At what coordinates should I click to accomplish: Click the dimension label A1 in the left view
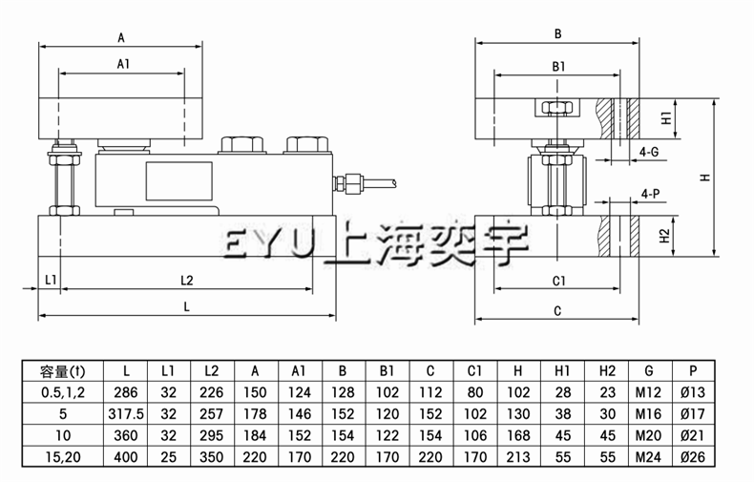[x=121, y=64]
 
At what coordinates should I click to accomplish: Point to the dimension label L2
[x=187, y=280]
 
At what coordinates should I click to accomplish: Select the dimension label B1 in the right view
[x=559, y=66]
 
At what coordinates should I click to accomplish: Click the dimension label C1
[x=559, y=281]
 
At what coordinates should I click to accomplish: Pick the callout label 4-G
[x=648, y=151]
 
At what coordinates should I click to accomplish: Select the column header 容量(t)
[x=61, y=371]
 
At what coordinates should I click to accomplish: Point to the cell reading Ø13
[x=693, y=391]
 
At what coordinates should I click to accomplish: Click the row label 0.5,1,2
[x=61, y=391]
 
